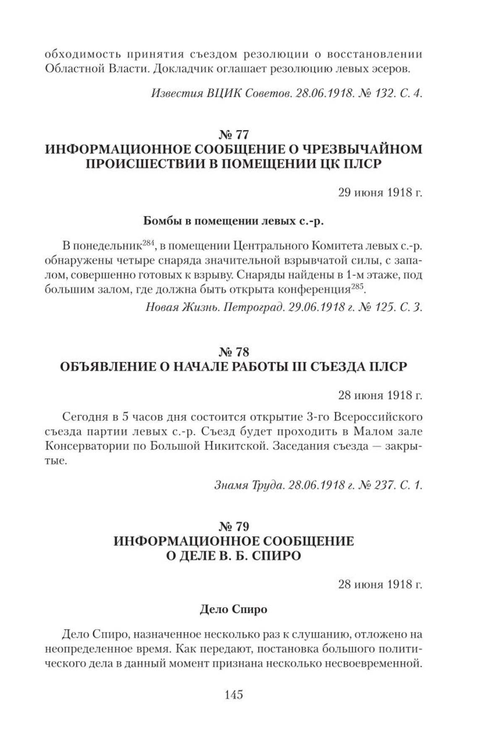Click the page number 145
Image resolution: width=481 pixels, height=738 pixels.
[x=234, y=695]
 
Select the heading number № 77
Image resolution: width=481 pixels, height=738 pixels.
[x=234, y=135]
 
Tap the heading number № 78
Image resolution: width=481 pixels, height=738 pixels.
[x=234, y=351]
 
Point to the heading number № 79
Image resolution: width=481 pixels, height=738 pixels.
[x=234, y=526]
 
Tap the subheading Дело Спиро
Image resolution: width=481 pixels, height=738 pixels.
[x=234, y=609]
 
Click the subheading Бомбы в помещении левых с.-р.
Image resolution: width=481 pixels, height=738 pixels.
[x=234, y=221]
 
